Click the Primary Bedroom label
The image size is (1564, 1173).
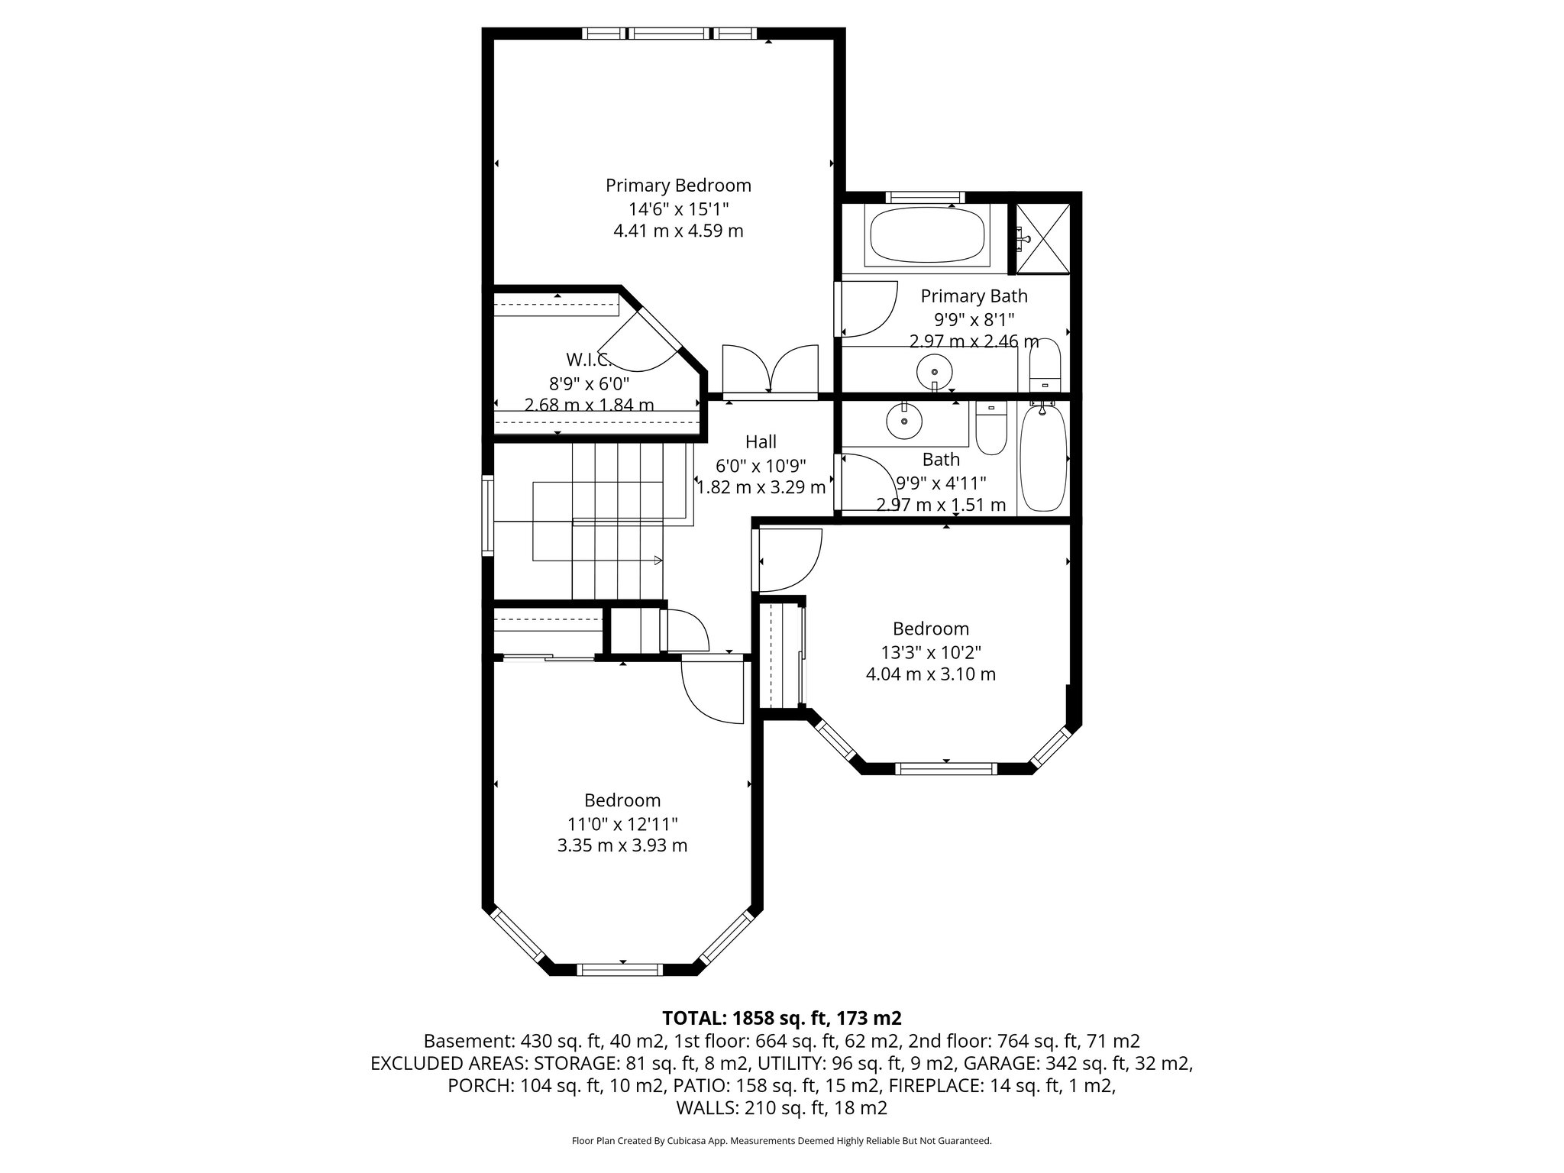678,186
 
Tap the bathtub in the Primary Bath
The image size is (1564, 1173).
927,235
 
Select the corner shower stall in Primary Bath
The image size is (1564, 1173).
1042,238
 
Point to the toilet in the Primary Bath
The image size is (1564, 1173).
1045,367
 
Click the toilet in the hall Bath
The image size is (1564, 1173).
991,428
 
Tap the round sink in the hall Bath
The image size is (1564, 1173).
904,421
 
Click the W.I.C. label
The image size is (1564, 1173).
586,360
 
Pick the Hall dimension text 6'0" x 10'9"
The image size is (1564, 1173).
761,465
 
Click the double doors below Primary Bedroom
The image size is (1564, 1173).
770,371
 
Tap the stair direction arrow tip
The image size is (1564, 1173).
660,561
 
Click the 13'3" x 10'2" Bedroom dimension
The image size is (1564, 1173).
930,652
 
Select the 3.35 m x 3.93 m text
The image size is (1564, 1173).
622,845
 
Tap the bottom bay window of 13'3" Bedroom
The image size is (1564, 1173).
945,768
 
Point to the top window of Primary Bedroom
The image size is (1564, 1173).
669,33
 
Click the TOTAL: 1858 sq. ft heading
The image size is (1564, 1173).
781,1018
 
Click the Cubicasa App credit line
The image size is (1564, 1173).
781,1141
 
